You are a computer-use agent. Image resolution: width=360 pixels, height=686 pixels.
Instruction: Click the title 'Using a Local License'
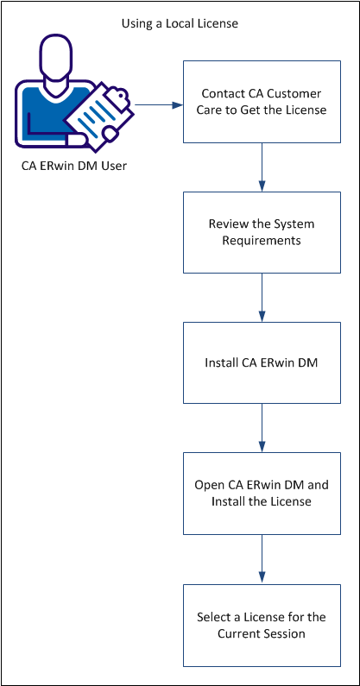coord(180,24)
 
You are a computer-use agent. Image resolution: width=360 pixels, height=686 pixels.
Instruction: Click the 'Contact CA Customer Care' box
coord(261,101)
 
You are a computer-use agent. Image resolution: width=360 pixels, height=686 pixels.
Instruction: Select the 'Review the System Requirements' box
coord(261,232)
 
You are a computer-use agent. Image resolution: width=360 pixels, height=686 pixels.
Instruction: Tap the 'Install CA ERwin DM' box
coord(261,362)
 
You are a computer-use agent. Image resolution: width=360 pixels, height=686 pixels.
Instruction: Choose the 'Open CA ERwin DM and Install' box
coord(261,494)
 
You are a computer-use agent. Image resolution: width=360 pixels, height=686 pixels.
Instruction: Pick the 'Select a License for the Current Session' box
coord(261,625)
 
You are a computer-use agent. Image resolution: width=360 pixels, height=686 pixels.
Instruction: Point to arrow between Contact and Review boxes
coord(261,167)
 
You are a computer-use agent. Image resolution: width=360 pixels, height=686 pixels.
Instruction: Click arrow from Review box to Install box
coord(261,298)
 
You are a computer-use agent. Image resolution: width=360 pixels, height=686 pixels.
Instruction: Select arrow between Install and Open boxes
coord(261,428)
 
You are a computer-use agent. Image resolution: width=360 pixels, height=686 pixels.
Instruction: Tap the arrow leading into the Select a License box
coord(261,559)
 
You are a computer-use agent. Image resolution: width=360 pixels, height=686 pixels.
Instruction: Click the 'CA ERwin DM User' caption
coord(73,166)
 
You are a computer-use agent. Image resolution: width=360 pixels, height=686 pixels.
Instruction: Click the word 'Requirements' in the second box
coord(262,241)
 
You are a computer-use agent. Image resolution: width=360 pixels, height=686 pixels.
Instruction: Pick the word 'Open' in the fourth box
coord(210,485)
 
